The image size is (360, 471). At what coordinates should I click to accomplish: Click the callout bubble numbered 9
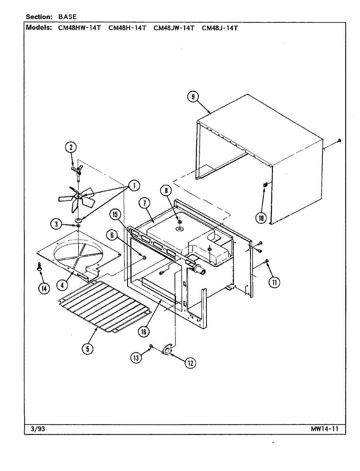(x=193, y=97)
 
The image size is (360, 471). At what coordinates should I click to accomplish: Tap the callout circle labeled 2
(x=71, y=148)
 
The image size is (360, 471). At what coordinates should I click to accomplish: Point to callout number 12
(x=190, y=363)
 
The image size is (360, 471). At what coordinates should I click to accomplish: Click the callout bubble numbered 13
(x=136, y=358)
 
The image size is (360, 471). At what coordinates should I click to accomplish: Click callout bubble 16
(x=144, y=332)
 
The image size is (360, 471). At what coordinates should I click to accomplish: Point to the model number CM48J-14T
(x=219, y=28)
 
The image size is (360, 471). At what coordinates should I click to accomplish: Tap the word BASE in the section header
(x=68, y=17)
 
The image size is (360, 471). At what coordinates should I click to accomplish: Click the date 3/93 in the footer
(x=38, y=429)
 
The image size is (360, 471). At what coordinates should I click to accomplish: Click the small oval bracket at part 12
(x=168, y=349)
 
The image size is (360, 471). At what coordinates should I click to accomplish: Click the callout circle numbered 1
(x=134, y=185)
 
